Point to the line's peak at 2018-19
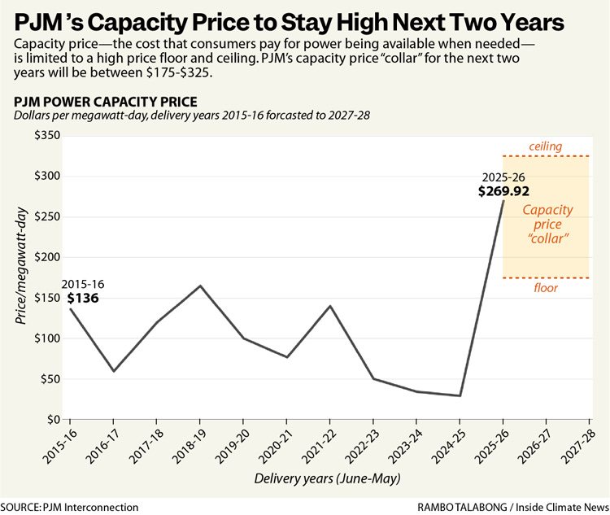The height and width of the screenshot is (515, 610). pos(199,286)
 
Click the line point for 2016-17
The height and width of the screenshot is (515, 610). pos(113,371)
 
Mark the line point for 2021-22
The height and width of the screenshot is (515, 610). pos(329,306)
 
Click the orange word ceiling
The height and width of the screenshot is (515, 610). pos(546,146)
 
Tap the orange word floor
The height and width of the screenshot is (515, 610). pos(546,288)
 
